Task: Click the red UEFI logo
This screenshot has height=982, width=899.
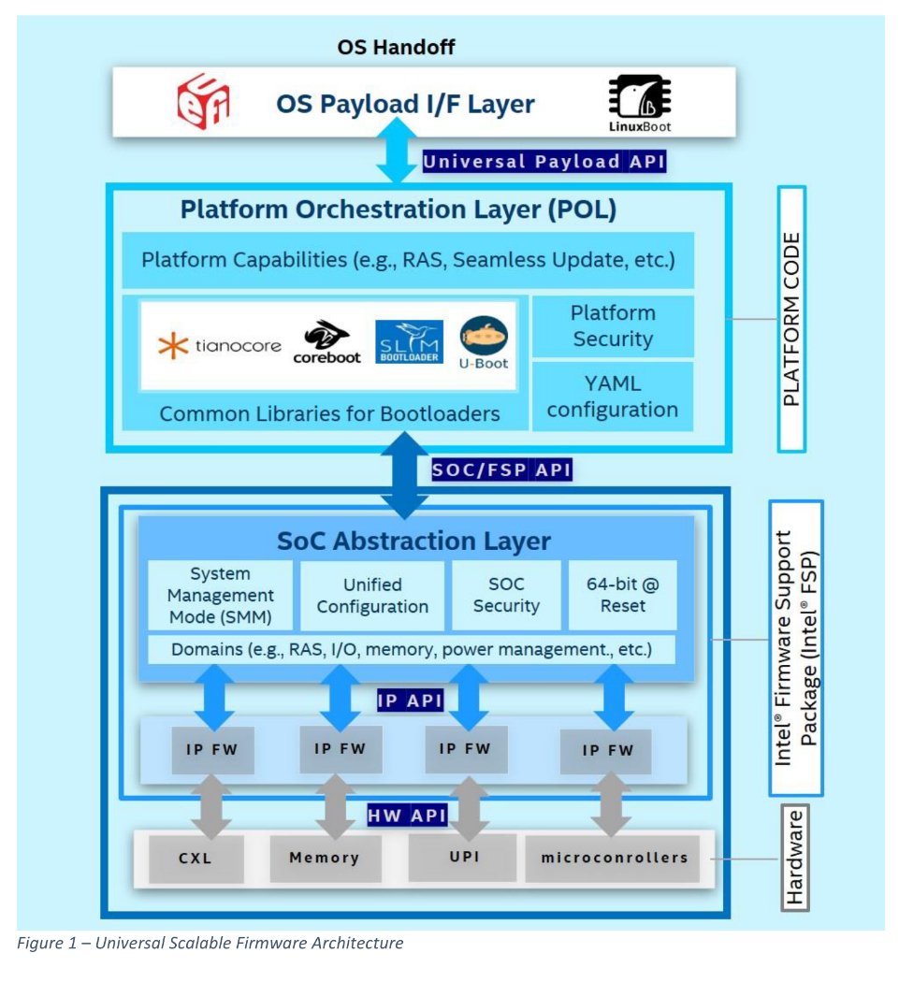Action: (x=204, y=101)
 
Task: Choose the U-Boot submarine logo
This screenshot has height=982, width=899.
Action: (x=484, y=343)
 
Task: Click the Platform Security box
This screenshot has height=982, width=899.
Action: (x=613, y=325)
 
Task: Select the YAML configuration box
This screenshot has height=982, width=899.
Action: (x=613, y=396)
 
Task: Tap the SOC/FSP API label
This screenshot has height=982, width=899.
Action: (x=500, y=469)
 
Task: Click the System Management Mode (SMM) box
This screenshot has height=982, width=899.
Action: (x=221, y=595)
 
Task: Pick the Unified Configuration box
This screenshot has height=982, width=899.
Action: (x=372, y=595)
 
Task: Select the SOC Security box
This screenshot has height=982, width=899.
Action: (x=506, y=595)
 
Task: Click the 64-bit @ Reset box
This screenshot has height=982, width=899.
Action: (x=622, y=595)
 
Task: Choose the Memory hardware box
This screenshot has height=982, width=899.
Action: (x=324, y=858)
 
